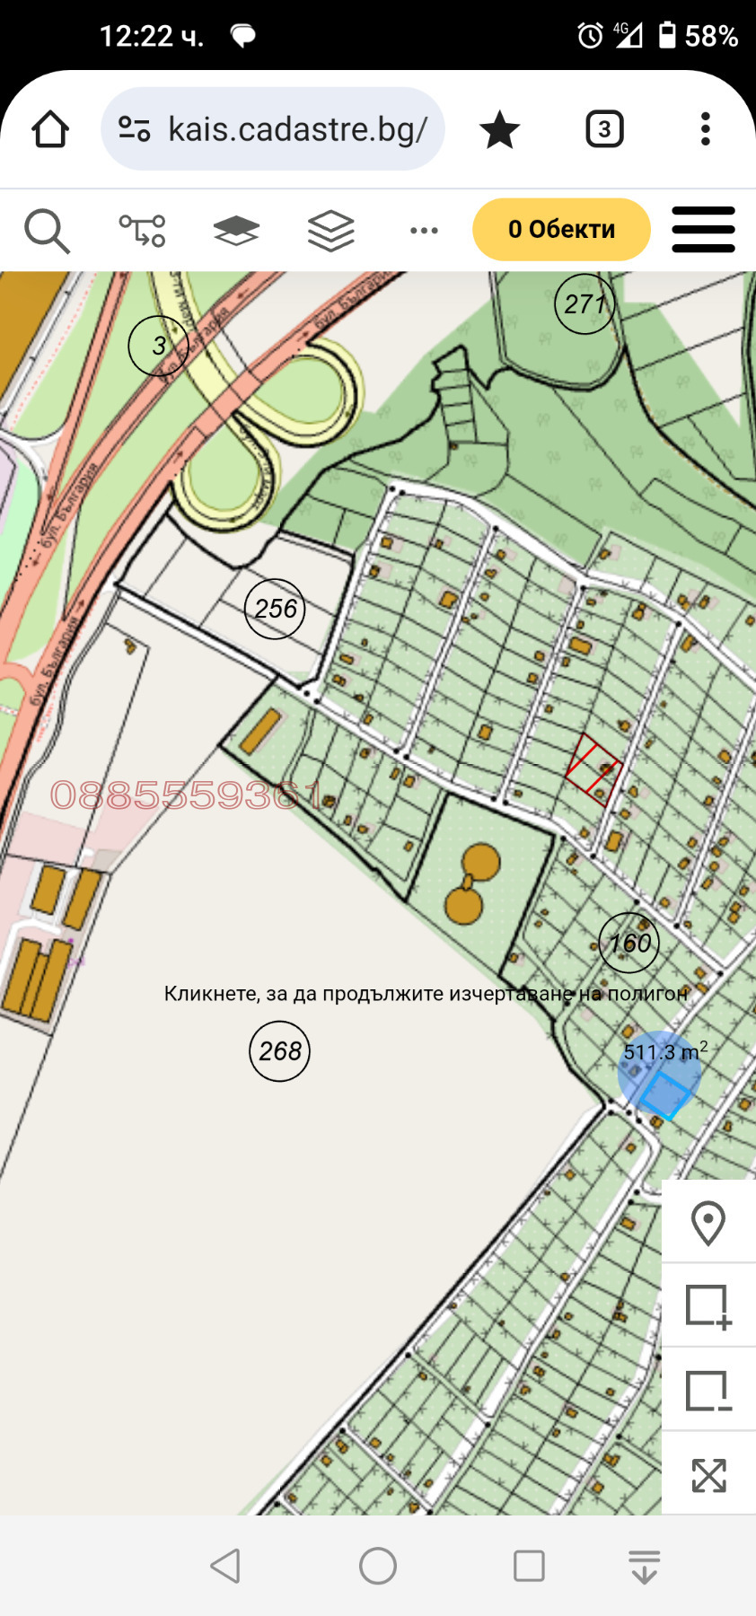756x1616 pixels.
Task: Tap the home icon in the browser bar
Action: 50,129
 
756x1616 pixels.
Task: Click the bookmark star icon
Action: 499,130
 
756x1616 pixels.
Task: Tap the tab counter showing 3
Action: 604,129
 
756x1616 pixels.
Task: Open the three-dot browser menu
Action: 706,129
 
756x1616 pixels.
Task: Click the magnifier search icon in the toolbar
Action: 47,231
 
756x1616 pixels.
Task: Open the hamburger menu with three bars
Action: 703,230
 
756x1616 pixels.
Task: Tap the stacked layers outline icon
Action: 330,231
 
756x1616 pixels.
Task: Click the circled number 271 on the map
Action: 585,304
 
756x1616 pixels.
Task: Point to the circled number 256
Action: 275,609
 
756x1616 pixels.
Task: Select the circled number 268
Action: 279,1050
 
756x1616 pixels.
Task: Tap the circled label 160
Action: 629,943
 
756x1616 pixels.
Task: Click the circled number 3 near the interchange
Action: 158,345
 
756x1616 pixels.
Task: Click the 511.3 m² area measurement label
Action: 664,1051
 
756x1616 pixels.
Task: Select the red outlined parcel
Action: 593,768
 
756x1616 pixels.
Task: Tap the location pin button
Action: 708,1223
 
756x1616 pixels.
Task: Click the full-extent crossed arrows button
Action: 708,1475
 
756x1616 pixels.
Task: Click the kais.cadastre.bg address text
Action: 297,129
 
